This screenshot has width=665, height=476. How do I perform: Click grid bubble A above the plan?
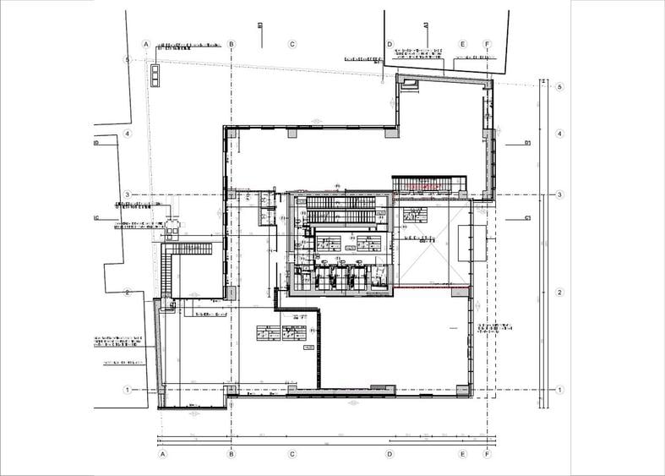(146, 43)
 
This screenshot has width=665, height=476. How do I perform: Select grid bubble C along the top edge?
(292, 43)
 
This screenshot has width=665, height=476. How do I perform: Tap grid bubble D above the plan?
(390, 43)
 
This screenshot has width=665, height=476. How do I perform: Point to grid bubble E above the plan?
(463, 43)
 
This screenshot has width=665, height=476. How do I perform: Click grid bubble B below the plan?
(232, 454)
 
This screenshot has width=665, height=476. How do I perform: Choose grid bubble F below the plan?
(487, 454)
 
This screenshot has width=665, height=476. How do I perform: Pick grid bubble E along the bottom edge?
(463, 454)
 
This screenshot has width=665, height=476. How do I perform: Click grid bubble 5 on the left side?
(127, 60)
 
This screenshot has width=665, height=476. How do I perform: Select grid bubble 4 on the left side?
(127, 134)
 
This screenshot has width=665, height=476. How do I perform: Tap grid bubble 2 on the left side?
(127, 293)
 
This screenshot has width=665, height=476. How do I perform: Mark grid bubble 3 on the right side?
(560, 195)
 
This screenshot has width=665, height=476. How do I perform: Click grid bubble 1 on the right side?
(560, 390)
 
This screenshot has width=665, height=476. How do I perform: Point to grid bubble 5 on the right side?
(560, 86)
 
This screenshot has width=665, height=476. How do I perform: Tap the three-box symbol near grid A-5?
(155, 75)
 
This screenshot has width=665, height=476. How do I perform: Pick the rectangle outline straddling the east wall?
(472, 243)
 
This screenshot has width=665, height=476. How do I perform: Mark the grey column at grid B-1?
(229, 390)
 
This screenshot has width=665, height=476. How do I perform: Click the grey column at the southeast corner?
(461, 390)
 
